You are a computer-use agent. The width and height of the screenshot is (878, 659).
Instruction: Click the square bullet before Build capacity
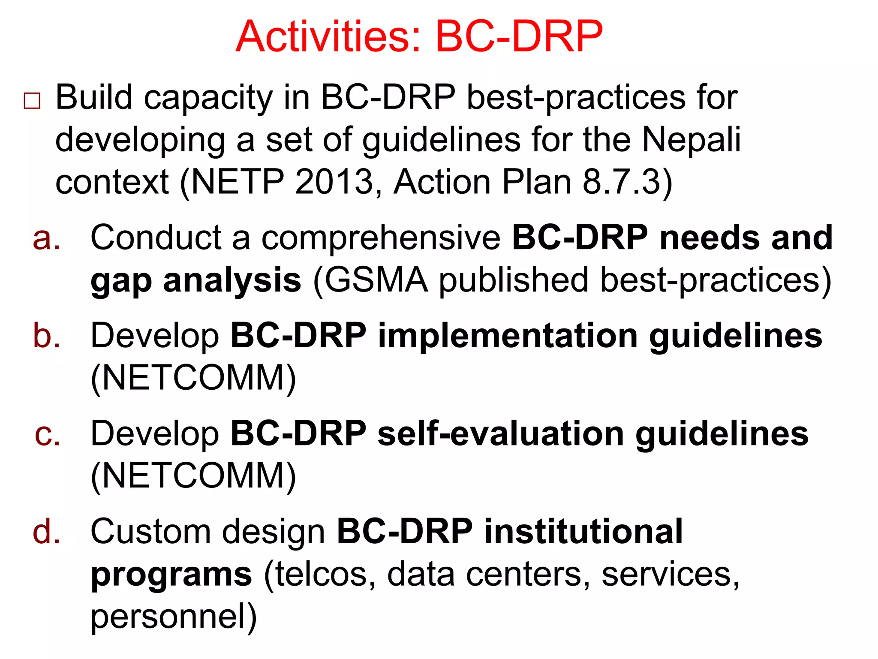pyautogui.click(x=32, y=101)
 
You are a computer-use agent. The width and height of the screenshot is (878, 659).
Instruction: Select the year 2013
pyautogui.click(x=334, y=182)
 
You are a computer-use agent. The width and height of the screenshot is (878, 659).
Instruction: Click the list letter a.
pyautogui.click(x=46, y=238)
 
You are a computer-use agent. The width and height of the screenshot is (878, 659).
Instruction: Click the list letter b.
pyautogui.click(x=46, y=336)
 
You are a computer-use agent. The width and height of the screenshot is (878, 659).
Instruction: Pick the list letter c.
pyautogui.click(x=47, y=434)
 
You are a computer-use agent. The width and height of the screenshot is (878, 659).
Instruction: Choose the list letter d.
pyautogui.click(x=46, y=532)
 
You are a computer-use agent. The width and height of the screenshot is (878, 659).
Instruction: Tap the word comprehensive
pyautogui.click(x=381, y=238)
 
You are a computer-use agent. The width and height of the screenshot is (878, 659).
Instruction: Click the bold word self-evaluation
pyautogui.click(x=500, y=434)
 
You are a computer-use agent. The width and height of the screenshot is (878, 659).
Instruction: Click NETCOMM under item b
pyautogui.click(x=193, y=378)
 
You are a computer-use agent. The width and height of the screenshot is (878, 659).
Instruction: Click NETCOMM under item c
pyautogui.click(x=193, y=476)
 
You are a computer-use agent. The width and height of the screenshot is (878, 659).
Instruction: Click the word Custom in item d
pyautogui.click(x=150, y=532)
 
